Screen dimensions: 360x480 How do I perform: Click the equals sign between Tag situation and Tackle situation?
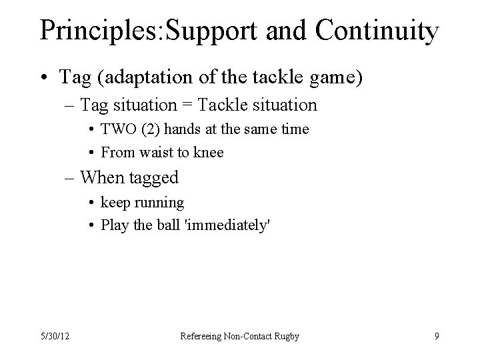pyautogui.click(x=191, y=105)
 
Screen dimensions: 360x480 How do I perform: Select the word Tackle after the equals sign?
pyautogui.click(x=223, y=105)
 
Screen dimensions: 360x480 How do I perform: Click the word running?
pyautogui.click(x=159, y=202)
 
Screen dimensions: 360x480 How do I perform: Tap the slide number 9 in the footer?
pyautogui.click(x=437, y=336)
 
